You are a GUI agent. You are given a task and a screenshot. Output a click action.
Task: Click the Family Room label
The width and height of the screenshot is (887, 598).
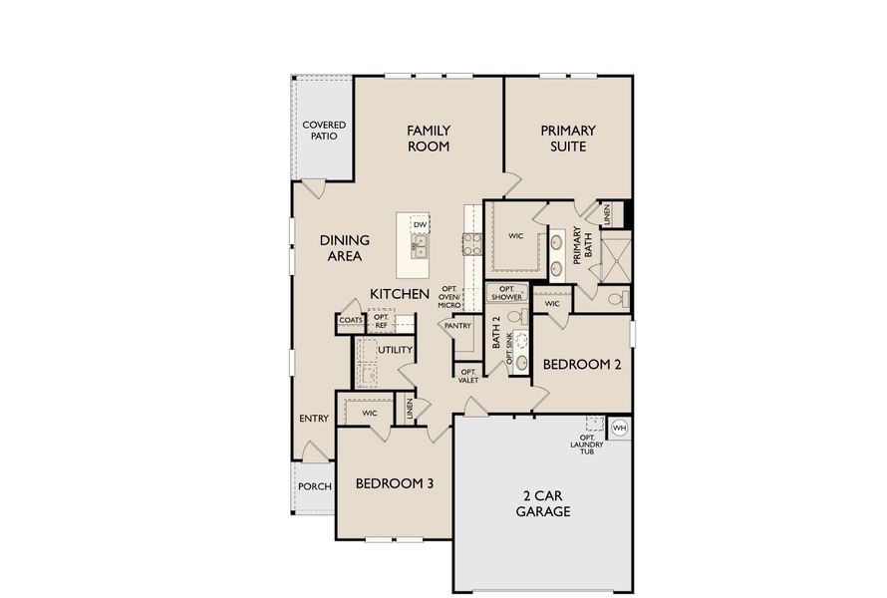[429, 139]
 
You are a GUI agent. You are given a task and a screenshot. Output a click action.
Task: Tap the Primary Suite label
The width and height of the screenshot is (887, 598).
[568, 139]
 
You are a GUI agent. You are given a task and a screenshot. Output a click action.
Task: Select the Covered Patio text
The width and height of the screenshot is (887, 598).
[324, 131]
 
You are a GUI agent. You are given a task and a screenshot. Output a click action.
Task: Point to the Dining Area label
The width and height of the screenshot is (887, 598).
[345, 248]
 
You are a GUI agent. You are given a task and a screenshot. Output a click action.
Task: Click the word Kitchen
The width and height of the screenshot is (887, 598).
[400, 294]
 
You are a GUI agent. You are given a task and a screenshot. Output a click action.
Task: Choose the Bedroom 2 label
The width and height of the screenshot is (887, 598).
[582, 365]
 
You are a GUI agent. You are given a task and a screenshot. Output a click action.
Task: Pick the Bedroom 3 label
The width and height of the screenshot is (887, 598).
[395, 484]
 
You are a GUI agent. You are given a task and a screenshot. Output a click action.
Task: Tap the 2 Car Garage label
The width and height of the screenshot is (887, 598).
[543, 503]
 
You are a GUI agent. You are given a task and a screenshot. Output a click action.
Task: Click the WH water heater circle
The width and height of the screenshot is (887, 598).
[618, 428]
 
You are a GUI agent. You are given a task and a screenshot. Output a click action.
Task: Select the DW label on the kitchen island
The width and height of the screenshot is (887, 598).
[420, 225]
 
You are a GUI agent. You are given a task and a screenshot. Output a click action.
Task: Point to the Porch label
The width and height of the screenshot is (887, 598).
[315, 486]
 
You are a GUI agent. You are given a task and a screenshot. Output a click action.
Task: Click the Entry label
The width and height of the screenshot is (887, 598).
[314, 419]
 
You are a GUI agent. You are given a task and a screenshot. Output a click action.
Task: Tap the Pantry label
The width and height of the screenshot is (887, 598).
[457, 326]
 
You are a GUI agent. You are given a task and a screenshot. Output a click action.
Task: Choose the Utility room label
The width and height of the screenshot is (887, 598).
[395, 350]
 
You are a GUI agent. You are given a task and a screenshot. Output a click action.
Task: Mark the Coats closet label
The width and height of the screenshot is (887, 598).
[350, 321]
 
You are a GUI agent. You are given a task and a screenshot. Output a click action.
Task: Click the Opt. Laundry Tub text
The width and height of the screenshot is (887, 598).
[587, 445]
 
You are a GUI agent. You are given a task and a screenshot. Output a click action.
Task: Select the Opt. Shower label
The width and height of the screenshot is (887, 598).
[506, 294]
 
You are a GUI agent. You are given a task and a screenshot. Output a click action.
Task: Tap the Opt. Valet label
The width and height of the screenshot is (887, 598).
[468, 376]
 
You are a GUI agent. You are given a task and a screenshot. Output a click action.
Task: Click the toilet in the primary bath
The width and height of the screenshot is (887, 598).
[617, 298]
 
